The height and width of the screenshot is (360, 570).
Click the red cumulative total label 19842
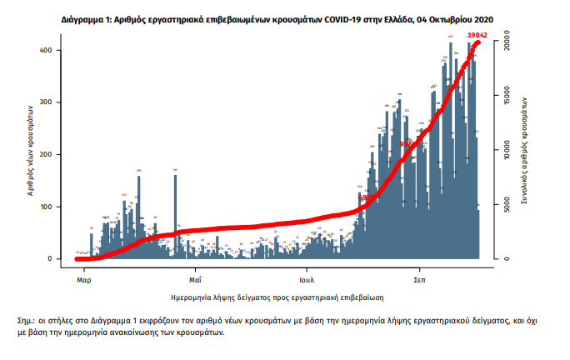(x=477, y=34)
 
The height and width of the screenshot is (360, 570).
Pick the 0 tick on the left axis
(x=51, y=258)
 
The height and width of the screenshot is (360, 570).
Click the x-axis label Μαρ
(x=82, y=270)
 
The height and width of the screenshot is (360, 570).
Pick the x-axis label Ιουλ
(x=309, y=270)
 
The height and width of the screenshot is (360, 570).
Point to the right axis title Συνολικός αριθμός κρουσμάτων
(x=527, y=149)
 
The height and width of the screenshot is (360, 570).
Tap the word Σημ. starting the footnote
(x=26, y=320)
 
